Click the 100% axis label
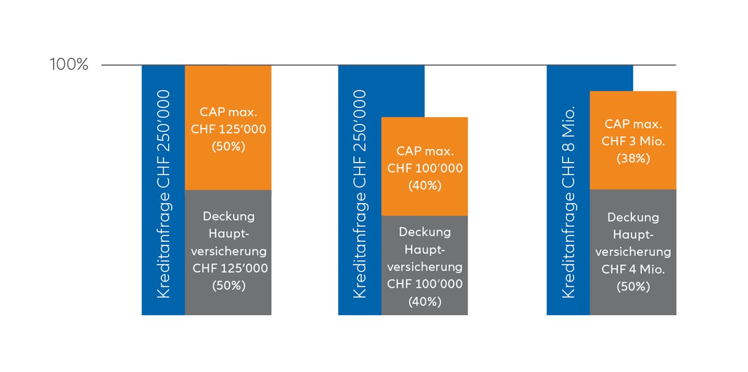click(x=69, y=64)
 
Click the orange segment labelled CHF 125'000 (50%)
click(x=228, y=128)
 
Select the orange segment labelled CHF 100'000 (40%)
click(x=425, y=166)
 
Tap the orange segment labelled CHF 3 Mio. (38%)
click(x=633, y=141)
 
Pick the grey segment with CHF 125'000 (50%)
click(x=228, y=253)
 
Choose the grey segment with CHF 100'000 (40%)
click(x=425, y=266)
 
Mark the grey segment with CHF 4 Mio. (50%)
click(x=633, y=253)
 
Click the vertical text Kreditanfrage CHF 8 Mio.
click(x=568, y=202)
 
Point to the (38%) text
click(x=633, y=158)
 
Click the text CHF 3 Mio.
click(x=633, y=141)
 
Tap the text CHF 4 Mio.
click(x=633, y=269)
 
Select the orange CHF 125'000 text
click(x=229, y=129)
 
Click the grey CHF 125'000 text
click(x=230, y=268)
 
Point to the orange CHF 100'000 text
click(x=425, y=168)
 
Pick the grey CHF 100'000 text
click(x=425, y=284)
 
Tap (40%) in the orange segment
click(x=425, y=185)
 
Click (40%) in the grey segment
click(x=425, y=301)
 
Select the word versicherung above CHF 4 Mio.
click(x=633, y=252)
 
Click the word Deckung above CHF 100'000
click(x=425, y=232)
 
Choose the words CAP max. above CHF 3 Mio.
click(x=633, y=124)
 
